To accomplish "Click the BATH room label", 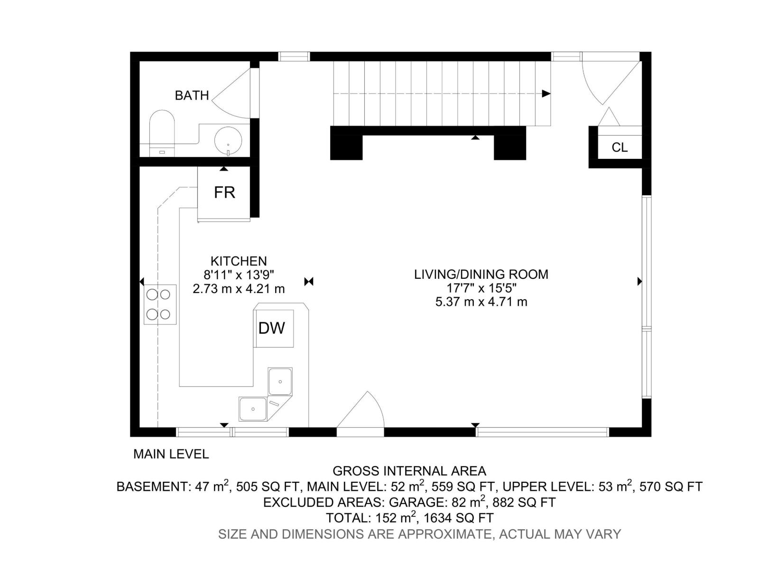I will [x=192, y=95].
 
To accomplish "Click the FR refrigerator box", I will [x=224, y=193].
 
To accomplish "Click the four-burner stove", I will [x=159, y=304].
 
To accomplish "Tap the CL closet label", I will [x=620, y=147].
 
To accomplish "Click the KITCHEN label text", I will [x=239, y=261].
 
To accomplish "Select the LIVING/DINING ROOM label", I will [x=481, y=274].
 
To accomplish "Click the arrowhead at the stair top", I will [x=546, y=93].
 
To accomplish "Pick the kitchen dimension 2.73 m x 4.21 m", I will [x=239, y=288].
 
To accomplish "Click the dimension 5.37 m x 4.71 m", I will [x=481, y=302].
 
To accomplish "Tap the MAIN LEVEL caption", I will [x=171, y=454].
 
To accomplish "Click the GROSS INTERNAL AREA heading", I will [x=409, y=471].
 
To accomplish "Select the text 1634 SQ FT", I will [x=458, y=518].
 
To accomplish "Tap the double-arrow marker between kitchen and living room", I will [x=309, y=282].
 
